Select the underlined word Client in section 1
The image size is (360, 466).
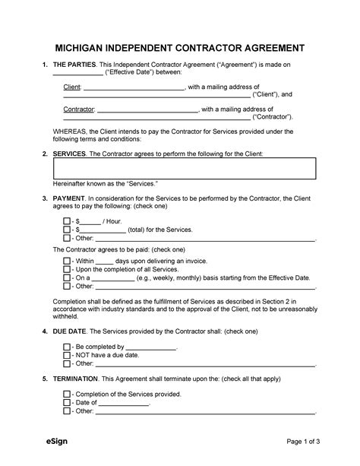pyautogui.click(x=72, y=88)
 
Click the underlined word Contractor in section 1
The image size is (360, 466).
pyautogui.click(x=79, y=110)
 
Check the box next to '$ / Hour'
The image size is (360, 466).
pyautogui.click(x=67, y=220)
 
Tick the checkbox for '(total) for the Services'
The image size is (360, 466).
pyautogui.click(x=67, y=229)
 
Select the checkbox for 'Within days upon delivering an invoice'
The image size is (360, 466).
pyautogui.click(x=67, y=261)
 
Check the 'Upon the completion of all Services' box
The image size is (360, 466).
pyautogui.click(x=67, y=269)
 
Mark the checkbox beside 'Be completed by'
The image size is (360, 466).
pyautogui.click(x=67, y=346)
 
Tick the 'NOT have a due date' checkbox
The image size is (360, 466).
pyautogui.click(x=67, y=354)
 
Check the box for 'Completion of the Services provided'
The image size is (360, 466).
pyautogui.click(x=67, y=394)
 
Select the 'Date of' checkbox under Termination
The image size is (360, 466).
pyautogui.click(x=67, y=402)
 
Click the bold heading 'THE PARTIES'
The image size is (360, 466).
pyautogui.click(x=74, y=66)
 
